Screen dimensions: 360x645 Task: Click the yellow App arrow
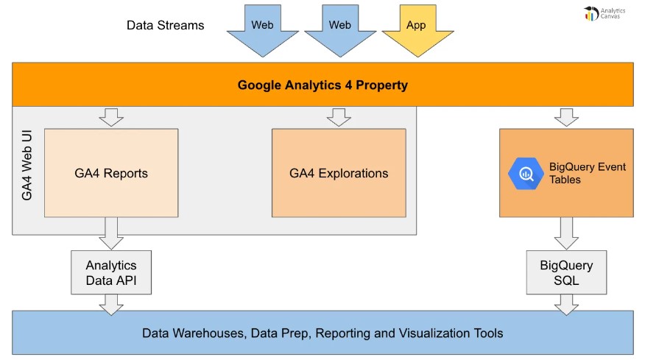tap(416, 28)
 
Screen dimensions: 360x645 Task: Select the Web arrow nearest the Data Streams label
tap(262, 28)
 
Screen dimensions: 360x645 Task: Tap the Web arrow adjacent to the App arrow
tap(339, 28)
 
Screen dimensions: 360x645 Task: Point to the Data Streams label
tap(165, 25)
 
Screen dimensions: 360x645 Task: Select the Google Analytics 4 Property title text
tap(322, 85)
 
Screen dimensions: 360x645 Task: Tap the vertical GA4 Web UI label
tap(27, 173)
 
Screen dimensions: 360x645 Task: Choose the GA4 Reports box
tap(111, 174)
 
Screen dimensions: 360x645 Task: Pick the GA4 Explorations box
tap(339, 174)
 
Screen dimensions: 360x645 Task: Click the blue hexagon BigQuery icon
tap(526, 174)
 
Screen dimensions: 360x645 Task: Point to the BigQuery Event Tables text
tap(587, 173)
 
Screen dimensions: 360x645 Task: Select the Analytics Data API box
tap(111, 272)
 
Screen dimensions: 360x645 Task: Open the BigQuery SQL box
tap(566, 272)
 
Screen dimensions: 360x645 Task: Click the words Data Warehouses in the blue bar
tap(193, 333)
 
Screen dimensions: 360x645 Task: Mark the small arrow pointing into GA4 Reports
tap(111, 117)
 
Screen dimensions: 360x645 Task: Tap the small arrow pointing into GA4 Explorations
tap(339, 117)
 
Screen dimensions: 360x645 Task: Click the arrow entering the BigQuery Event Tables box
tap(566, 117)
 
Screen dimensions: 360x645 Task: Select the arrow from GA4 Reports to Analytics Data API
tap(111, 233)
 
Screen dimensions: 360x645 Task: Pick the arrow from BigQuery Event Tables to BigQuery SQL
tap(566, 233)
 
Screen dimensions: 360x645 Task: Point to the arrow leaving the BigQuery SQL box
tap(566, 303)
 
